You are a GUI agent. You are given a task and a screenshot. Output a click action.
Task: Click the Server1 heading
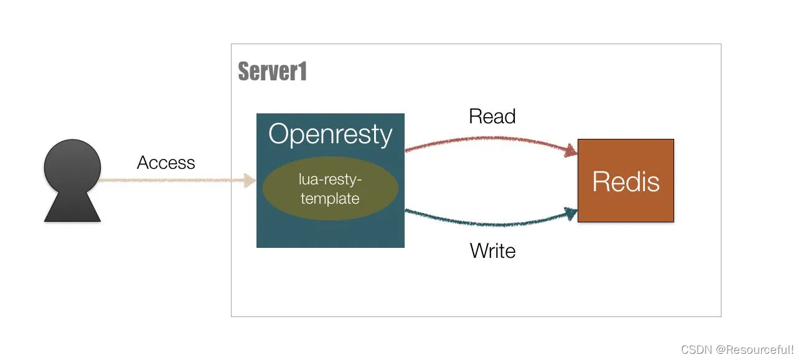click(272, 71)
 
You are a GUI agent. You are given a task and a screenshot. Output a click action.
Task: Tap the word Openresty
click(330, 135)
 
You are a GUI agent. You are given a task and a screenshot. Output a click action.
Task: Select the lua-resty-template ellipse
click(330, 189)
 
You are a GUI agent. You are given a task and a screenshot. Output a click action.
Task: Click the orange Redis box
click(626, 181)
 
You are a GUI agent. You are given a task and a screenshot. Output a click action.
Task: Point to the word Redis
click(626, 182)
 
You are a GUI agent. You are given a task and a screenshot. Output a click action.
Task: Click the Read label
click(492, 116)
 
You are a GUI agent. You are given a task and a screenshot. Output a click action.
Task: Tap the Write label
click(492, 250)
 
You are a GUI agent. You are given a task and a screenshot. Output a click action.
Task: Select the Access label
click(166, 163)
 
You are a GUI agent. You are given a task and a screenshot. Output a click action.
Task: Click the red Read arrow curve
click(491, 138)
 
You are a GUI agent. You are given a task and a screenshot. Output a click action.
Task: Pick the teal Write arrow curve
click(491, 224)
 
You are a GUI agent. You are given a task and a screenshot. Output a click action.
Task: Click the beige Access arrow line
click(176, 181)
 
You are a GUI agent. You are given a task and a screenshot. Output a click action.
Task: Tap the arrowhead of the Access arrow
click(250, 181)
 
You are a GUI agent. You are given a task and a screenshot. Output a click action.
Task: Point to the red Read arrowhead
click(571, 151)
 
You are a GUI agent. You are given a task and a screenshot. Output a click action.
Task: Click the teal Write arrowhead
click(571, 214)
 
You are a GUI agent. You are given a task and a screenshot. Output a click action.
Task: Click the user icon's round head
click(72, 167)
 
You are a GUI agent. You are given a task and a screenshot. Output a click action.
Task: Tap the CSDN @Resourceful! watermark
click(738, 349)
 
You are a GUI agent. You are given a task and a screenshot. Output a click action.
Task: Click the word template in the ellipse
click(330, 198)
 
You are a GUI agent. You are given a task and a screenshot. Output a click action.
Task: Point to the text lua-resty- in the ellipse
click(330, 179)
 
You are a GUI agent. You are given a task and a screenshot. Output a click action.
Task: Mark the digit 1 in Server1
click(303, 71)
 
